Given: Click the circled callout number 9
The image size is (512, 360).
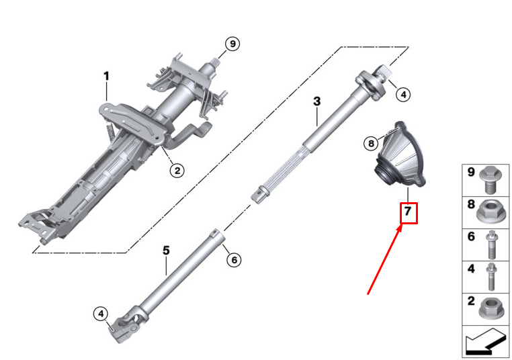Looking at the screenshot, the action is [232, 44].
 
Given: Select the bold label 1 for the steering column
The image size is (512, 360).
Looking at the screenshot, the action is [106, 77].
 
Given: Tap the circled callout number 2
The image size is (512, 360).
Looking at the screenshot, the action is [177, 171].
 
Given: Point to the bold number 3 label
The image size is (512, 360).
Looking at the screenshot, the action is [316, 101].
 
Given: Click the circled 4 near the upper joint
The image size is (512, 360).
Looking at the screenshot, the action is [403, 95].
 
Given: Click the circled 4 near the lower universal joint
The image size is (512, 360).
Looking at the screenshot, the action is [101, 314].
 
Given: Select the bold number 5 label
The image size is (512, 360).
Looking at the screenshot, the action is [166, 251].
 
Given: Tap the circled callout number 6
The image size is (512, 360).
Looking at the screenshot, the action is [234, 260].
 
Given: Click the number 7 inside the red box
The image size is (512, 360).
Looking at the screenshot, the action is [407, 212].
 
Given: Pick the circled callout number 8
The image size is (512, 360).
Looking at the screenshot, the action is [371, 143].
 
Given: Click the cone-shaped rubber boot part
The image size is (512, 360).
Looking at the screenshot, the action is [400, 155].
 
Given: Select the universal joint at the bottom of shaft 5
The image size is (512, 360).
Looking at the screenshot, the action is [128, 324].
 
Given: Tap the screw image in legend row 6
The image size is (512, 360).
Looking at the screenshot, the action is [491, 244].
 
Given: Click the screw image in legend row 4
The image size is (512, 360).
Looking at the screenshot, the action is [490, 277].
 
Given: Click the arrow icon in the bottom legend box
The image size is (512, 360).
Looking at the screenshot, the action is [486, 342].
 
